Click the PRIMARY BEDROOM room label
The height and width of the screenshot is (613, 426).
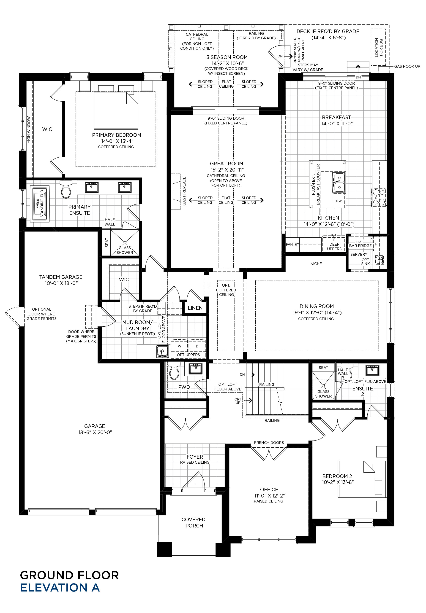117,135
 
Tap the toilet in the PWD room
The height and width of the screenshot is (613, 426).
174,370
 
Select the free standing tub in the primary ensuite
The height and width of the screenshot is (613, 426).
39,204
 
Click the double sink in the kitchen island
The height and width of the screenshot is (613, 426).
339,183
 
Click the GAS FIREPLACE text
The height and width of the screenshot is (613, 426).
184,191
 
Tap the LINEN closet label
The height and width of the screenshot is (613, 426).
195,308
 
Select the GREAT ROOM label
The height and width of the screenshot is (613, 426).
227,164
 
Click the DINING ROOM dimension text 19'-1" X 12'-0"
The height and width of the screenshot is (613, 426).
317,312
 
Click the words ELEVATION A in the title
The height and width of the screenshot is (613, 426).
60,587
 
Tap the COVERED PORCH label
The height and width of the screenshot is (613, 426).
194,522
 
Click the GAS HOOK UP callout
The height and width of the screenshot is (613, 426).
407,66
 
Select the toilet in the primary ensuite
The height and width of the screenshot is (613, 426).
66,189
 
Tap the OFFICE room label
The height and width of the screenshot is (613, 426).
269,490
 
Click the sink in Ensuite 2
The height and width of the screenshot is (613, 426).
372,371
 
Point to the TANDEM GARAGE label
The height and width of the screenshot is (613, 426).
61,277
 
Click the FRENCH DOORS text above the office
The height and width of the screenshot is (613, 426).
269,443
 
